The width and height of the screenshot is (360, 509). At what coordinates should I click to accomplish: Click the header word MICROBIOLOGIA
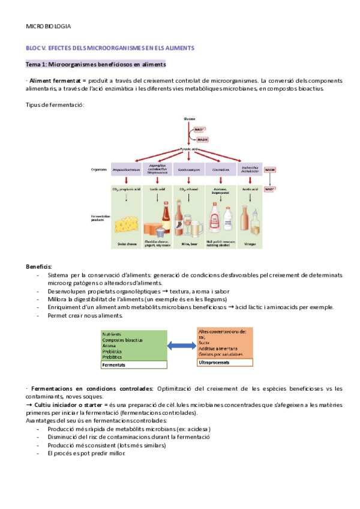tap(48, 27)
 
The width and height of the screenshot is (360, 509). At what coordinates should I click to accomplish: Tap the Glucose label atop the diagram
tap(190, 119)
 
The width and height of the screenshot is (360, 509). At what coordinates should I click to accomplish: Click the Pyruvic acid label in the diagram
tap(190, 149)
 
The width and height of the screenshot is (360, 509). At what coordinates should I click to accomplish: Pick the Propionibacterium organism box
tap(125, 170)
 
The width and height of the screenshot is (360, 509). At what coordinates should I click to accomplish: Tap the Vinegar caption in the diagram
tap(251, 244)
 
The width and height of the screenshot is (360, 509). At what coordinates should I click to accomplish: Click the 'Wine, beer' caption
tap(188, 244)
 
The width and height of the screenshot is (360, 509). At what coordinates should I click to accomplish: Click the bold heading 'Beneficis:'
tap(38, 266)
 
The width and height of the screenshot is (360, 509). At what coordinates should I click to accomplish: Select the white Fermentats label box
tap(133, 364)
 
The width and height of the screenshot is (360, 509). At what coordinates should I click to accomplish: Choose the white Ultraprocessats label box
tap(224, 363)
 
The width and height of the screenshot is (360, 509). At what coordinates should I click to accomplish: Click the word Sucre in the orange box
tap(204, 343)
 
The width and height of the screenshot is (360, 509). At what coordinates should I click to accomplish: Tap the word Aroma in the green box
tap(109, 346)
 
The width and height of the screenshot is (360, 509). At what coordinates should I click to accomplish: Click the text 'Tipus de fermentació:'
tap(55, 104)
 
